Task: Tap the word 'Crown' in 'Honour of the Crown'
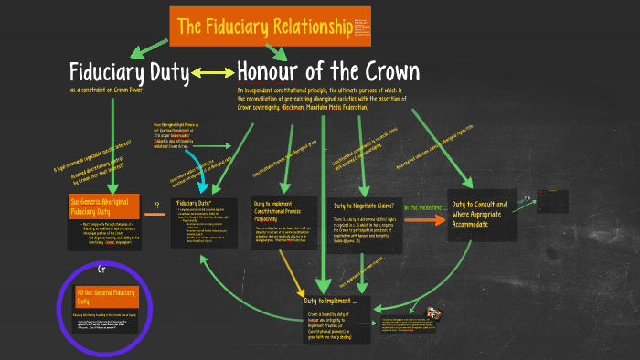pos(382,72)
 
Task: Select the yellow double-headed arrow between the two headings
pos(212,73)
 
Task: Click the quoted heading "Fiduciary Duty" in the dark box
pos(193,202)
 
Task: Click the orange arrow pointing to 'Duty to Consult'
pos(423,220)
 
